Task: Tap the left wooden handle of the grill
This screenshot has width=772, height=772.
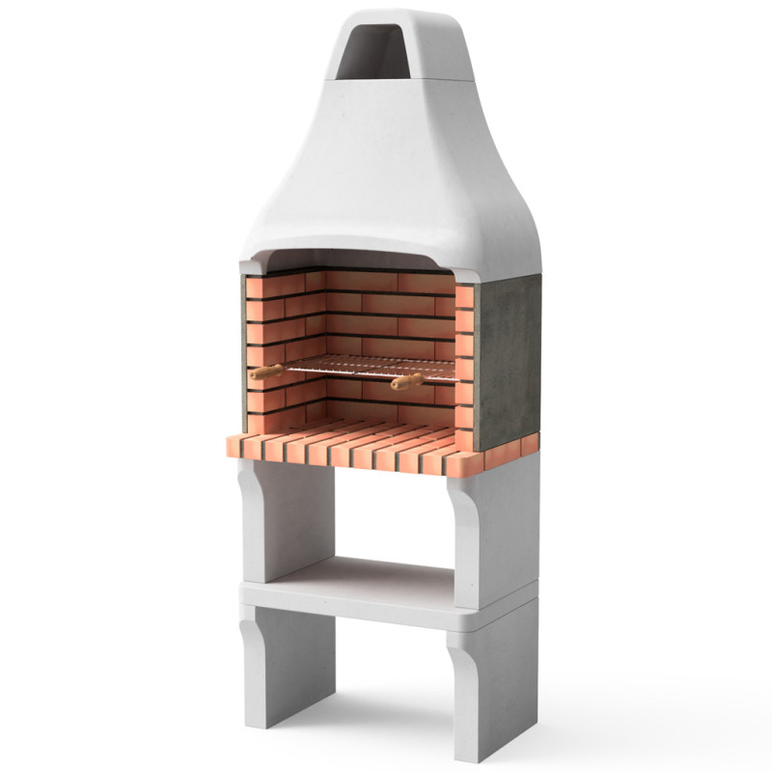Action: click(266, 372)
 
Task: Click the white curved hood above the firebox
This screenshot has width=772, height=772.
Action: click(386, 183)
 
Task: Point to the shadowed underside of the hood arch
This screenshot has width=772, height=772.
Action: click(367, 259)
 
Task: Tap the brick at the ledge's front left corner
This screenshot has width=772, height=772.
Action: click(236, 446)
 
